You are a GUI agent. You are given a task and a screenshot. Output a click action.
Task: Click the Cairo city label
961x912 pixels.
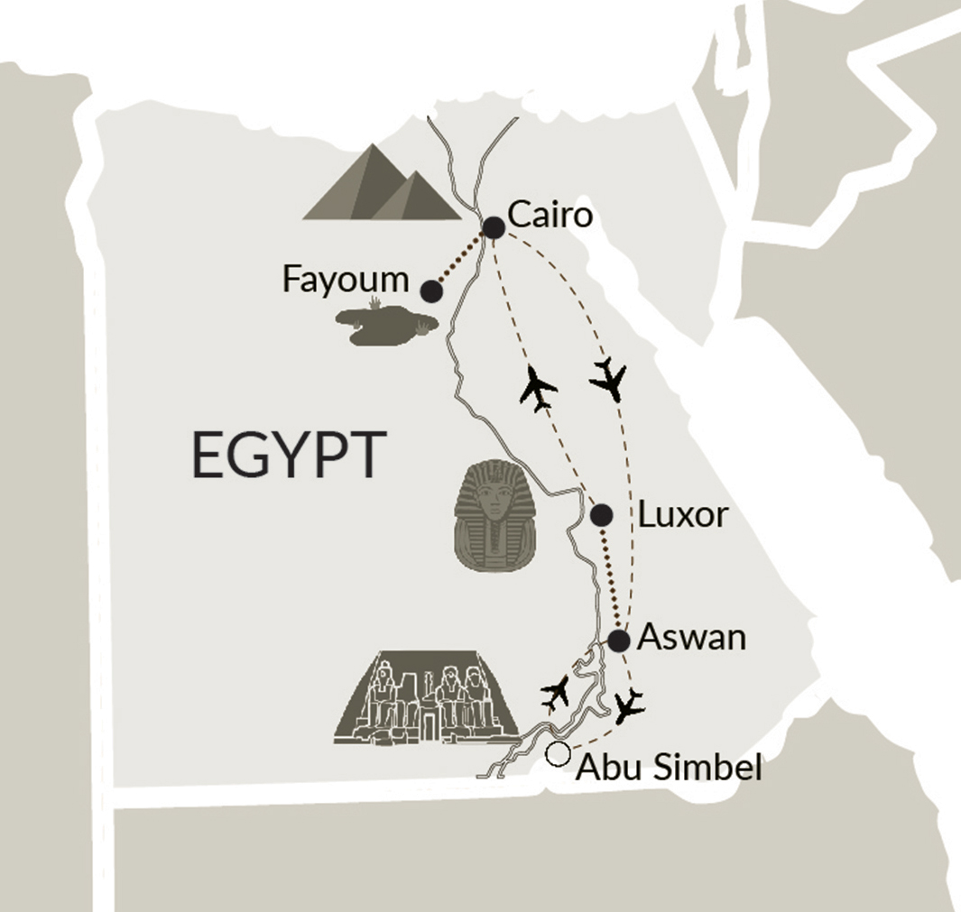pos(550,216)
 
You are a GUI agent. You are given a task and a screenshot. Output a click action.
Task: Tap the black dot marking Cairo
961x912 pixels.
pos(494,228)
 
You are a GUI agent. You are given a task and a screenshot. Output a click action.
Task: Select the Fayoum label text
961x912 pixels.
pos(346,279)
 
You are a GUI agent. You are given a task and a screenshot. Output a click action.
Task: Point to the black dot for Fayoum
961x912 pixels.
pos(431,291)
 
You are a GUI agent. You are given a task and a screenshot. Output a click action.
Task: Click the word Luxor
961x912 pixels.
pos(682,515)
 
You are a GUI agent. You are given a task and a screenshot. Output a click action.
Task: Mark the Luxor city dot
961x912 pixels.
pos(601,515)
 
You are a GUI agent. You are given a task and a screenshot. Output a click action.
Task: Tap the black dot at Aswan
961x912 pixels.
pos(618,641)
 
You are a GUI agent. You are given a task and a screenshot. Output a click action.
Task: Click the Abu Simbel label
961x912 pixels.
pos(669,768)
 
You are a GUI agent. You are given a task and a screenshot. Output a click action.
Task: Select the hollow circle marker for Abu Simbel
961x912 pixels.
pos(559,754)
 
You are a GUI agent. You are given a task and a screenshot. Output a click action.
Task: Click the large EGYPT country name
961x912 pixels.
pos(283,456)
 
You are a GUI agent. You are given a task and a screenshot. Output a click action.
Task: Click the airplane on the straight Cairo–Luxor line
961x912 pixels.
pos(539,389)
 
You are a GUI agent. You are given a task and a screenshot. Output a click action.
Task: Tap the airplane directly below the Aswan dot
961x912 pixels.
pos(628,705)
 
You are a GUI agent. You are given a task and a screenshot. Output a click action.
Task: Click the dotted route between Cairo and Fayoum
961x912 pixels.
pos(462,260)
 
